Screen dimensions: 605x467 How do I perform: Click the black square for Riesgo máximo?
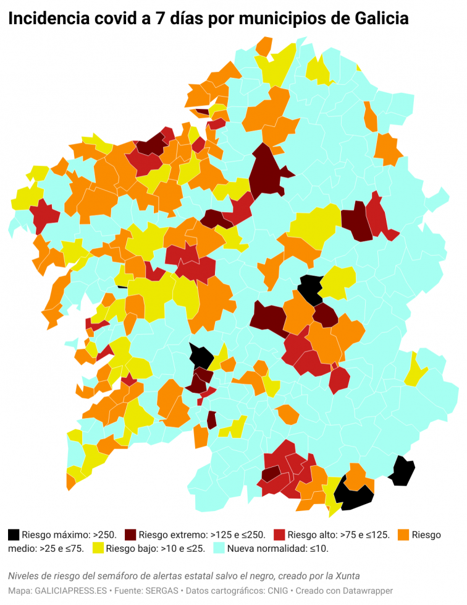[14, 534]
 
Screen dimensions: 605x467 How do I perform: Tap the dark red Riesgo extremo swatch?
[130, 534]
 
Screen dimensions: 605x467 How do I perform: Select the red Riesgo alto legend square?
[279, 534]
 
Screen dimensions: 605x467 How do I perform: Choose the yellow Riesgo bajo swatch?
[98, 548]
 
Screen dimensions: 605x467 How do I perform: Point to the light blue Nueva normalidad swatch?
[219, 548]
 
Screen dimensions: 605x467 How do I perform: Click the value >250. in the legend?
[106, 535]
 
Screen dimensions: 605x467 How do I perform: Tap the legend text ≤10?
[317, 549]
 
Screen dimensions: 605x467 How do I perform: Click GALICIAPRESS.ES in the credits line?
[66, 591]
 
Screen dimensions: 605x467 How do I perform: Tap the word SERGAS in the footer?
[164, 591]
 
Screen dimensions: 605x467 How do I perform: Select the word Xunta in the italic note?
[346, 577]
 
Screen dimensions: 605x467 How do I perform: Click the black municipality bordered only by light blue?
[402, 471]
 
